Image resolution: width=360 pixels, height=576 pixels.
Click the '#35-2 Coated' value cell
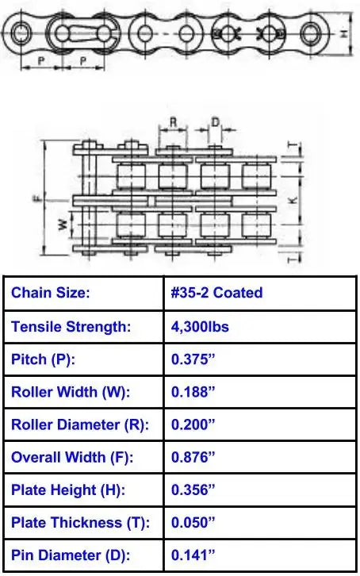click(216, 293)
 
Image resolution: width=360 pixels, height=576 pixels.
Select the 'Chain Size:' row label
click(51, 293)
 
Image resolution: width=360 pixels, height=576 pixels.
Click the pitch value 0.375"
click(193, 359)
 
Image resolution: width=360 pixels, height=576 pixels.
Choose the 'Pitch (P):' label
click(46, 359)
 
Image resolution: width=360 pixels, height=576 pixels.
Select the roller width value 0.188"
click(193, 391)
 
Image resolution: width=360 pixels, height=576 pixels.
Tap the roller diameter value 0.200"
click(193, 424)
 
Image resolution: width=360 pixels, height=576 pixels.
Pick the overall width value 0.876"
click(193, 457)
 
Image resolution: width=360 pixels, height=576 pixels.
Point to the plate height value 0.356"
click(193, 490)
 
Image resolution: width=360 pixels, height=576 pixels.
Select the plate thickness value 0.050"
click(193, 523)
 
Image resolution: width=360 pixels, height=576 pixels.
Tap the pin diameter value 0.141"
click(193, 556)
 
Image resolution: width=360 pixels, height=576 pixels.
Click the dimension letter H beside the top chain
click(343, 34)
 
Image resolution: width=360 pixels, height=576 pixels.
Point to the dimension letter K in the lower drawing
click(293, 201)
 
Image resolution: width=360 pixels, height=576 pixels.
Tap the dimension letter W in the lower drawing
click(61, 225)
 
